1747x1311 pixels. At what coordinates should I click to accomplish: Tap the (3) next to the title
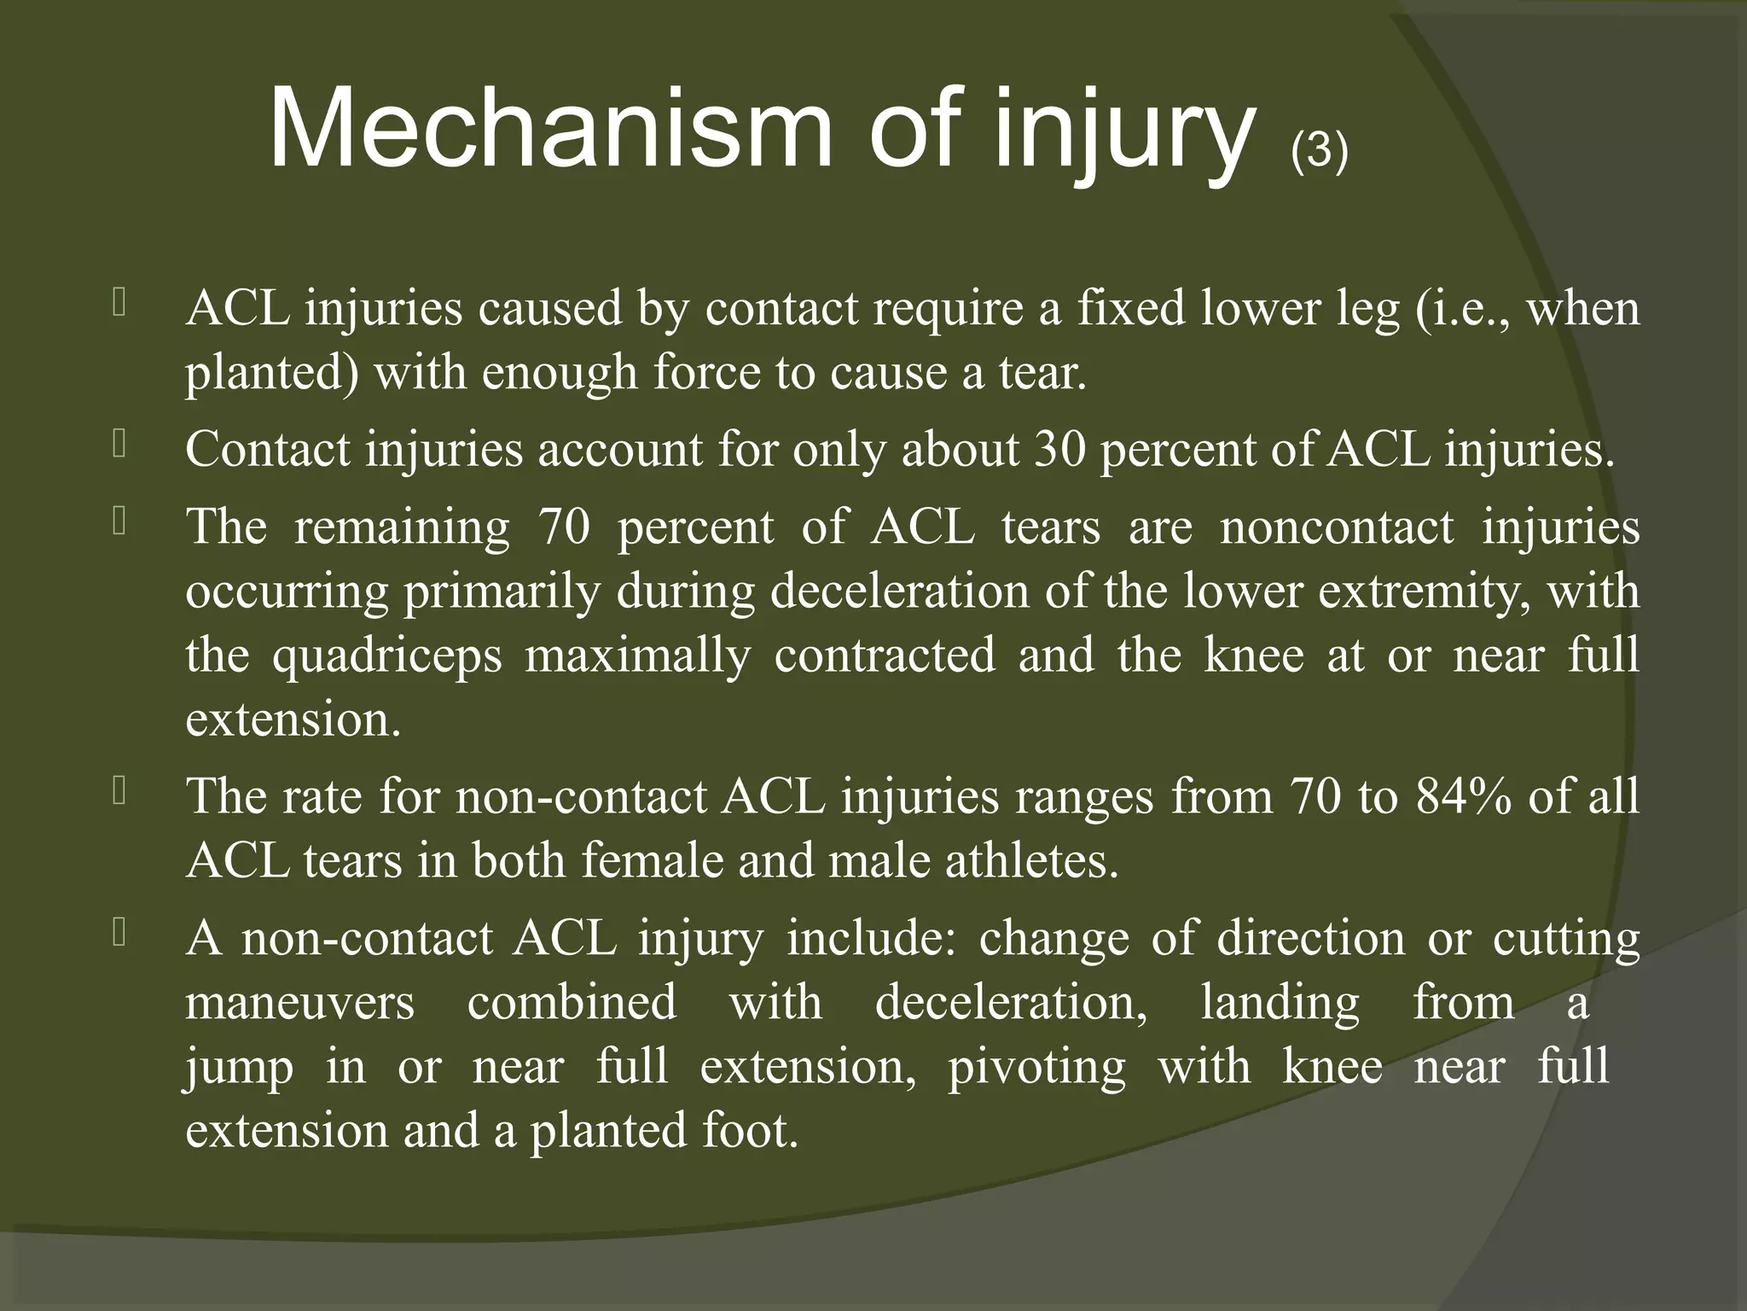(1319, 152)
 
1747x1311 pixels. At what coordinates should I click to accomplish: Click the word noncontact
(1336, 527)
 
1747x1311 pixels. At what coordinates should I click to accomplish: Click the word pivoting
(1036, 1067)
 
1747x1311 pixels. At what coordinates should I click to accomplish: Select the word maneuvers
(300, 1003)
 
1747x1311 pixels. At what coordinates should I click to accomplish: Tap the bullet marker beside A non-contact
(119, 933)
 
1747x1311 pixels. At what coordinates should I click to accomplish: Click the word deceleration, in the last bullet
(1012, 1003)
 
